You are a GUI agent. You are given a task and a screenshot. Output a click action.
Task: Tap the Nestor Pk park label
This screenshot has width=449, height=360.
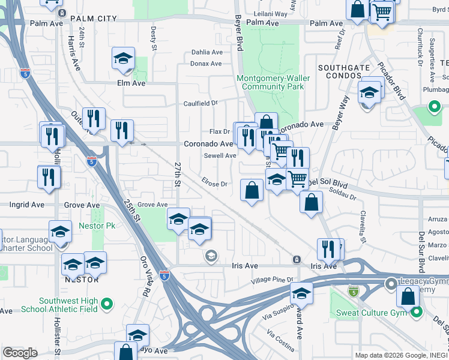coord(92,227)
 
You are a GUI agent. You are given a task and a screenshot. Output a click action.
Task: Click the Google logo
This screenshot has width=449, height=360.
coord(20,353)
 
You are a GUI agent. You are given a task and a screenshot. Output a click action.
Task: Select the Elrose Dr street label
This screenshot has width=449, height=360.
coord(215,184)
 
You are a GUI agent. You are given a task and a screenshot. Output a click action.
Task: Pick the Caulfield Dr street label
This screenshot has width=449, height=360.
coord(200,103)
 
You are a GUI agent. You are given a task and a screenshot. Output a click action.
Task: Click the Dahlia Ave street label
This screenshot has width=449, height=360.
coord(206,52)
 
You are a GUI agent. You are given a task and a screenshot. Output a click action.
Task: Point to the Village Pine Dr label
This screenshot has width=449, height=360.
coord(272,280)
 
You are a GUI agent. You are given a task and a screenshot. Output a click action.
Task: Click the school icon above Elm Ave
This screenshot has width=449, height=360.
coord(123,58)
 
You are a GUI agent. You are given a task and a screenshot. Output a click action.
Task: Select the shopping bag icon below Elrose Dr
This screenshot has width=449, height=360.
coord(252,190)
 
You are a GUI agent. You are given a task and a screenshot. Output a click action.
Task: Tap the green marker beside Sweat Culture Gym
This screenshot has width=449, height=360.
coord(416,312)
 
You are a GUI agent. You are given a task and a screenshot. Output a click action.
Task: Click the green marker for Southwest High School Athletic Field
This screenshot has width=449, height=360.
coord(107,305)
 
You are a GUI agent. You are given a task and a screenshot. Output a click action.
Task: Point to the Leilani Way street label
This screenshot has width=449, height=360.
coord(271,13)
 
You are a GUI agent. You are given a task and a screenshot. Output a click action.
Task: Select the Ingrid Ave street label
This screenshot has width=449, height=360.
coord(27,205)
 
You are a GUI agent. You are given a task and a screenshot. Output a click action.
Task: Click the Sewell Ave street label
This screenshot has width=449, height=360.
coord(220,155)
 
